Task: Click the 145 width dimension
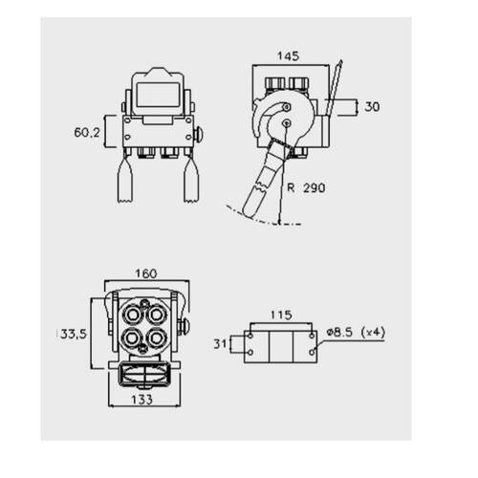[289, 56]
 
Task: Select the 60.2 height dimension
[87, 132]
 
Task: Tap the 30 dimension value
[372, 107]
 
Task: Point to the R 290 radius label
[306, 187]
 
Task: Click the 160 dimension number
[146, 273]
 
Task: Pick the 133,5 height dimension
[72, 334]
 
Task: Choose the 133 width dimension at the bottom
[142, 400]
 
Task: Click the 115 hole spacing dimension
[281, 315]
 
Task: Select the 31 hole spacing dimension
[220, 344]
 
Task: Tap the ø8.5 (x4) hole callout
[356, 332]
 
